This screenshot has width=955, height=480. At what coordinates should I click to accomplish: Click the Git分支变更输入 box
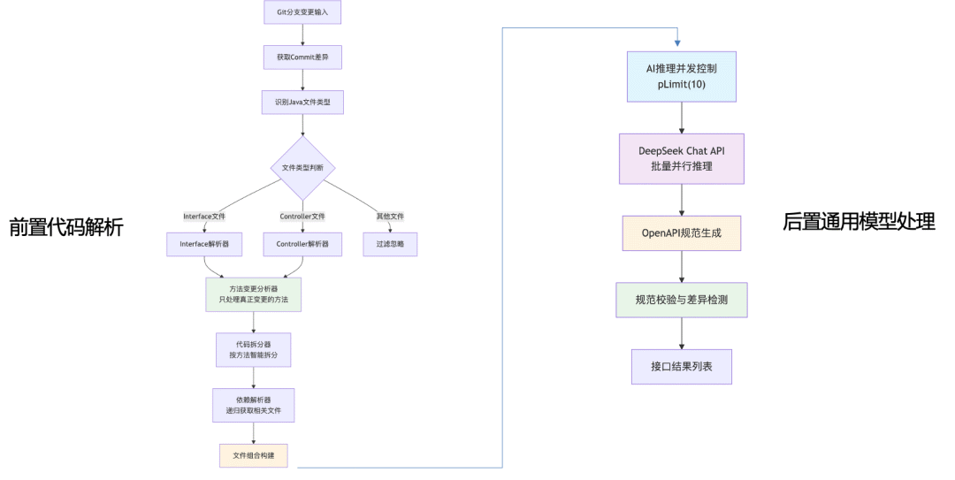point(302,12)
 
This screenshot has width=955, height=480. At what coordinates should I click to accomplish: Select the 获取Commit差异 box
point(302,57)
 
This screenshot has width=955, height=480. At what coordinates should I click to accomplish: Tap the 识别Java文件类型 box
point(302,103)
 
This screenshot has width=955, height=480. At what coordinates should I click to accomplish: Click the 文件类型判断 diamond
point(302,167)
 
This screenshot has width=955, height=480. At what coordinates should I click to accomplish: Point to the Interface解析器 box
point(204,244)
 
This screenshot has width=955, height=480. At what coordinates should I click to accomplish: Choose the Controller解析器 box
point(302,244)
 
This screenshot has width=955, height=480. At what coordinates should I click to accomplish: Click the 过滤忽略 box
point(390,244)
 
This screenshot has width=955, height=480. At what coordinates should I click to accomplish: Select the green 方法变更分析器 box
point(254,295)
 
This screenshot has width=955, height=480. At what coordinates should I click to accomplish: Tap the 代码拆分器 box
point(254,350)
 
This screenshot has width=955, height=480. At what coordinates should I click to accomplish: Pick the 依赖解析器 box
point(254,405)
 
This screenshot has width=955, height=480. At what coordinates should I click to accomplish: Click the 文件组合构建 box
point(254,455)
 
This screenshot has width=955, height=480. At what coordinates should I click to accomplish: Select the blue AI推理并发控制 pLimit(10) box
point(681,75)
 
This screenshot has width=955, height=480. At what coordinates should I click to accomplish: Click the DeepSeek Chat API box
point(681,158)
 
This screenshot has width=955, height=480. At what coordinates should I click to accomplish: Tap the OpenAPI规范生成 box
point(681,232)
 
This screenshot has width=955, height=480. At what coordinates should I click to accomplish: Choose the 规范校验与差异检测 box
point(681,301)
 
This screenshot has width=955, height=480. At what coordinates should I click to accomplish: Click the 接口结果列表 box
point(681,366)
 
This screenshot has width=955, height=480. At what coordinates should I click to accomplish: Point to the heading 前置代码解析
point(66,227)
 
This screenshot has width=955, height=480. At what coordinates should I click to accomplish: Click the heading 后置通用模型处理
point(859,222)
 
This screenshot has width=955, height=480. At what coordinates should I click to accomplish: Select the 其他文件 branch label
point(390,216)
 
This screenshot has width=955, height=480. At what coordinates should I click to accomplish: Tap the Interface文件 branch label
point(204,216)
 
